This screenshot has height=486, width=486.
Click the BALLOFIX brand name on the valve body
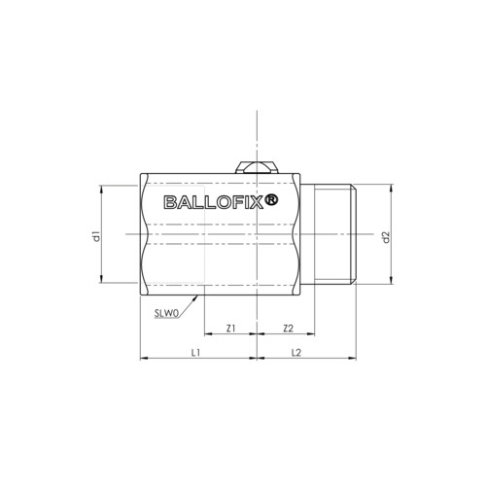coord(213,202)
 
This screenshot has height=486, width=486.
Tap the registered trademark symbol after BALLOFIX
coord(271,200)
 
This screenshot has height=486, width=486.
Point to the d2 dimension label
coord(386,237)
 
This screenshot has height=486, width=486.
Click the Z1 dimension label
coord(230,329)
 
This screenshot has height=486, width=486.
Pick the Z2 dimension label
coord(288,329)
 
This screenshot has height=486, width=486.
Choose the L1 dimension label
coord(196,353)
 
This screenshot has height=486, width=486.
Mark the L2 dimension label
coord(296,353)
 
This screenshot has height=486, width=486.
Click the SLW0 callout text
coord(166,313)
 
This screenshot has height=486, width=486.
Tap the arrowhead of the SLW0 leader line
coord(195,297)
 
